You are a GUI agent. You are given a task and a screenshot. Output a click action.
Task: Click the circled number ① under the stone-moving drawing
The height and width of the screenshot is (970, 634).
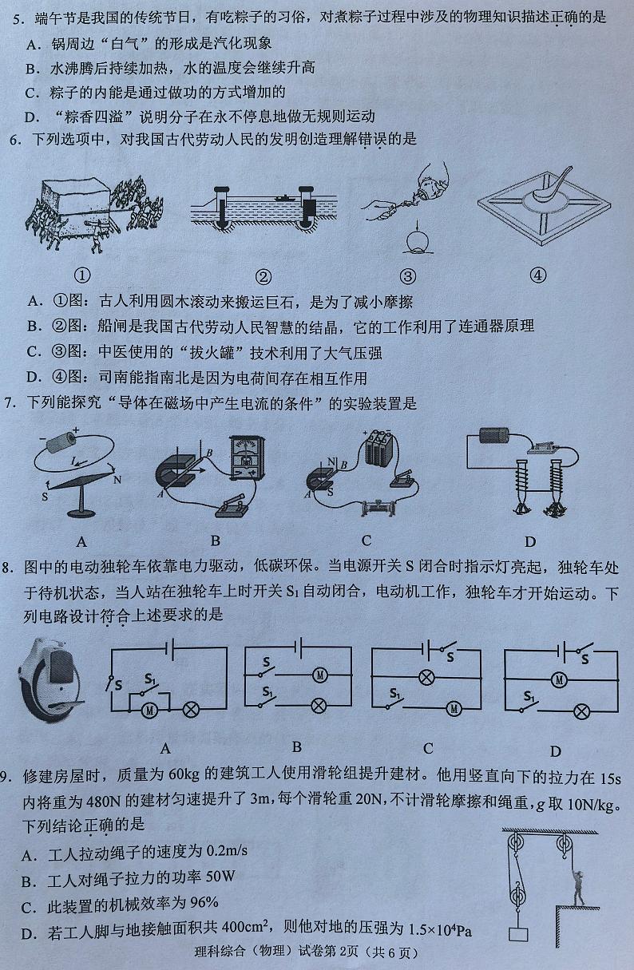(82, 275)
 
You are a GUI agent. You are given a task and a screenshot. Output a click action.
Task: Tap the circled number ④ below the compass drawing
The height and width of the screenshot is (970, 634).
(538, 275)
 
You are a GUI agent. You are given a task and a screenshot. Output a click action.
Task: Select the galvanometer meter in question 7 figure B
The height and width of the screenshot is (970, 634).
(247, 458)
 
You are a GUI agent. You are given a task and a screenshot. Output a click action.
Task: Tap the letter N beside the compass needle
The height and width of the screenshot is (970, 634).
(117, 480)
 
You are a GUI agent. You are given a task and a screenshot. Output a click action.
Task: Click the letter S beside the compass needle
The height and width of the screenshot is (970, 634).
(45, 497)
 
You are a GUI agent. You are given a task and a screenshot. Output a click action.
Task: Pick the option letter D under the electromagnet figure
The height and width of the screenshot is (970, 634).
(530, 541)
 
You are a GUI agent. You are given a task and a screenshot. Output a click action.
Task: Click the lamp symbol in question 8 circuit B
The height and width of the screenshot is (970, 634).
(319, 706)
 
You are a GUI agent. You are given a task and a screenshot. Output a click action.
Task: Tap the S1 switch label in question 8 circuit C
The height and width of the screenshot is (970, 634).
(394, 694)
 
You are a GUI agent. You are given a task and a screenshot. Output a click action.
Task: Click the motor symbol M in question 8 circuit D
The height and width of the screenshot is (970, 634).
(559, 680)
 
